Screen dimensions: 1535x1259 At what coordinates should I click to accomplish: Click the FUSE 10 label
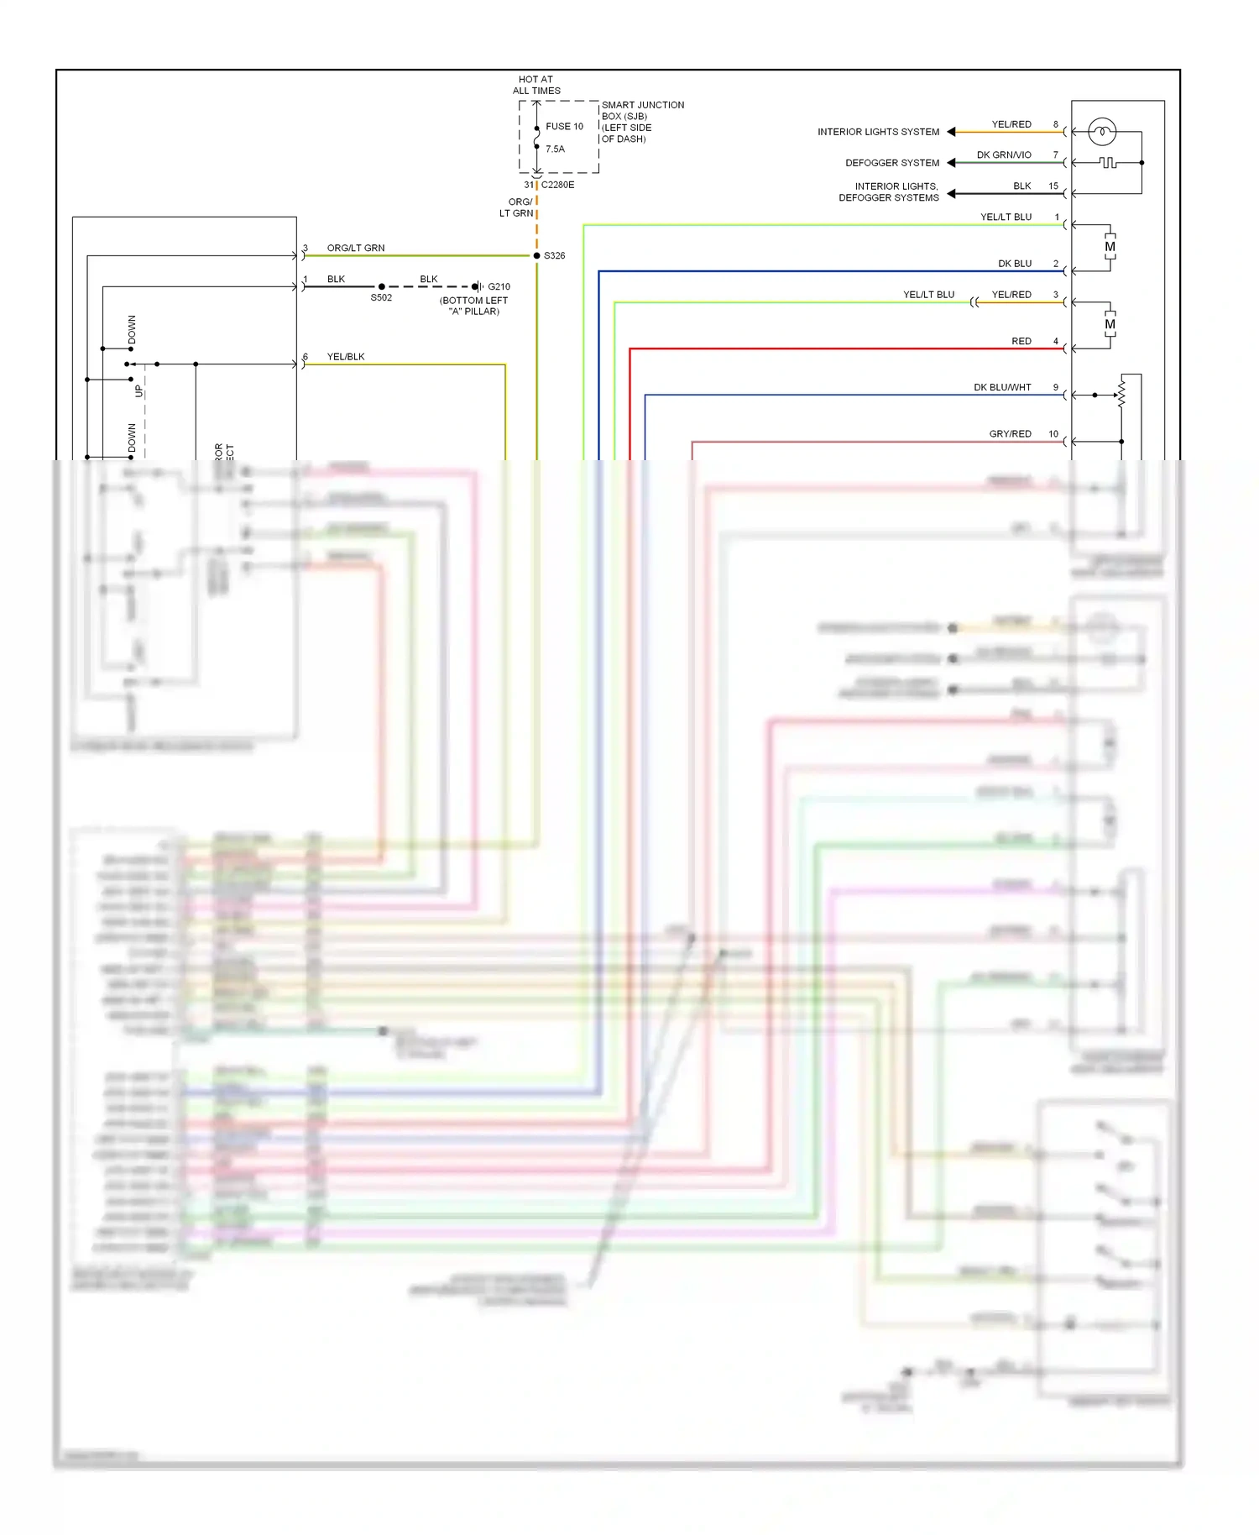coord(564,127)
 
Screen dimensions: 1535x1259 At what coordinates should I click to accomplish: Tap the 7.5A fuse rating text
coord(555,149)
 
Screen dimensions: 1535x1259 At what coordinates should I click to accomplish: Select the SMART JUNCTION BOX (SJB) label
coord(642,111)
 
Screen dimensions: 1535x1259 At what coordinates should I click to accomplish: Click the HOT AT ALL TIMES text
coord(536,85)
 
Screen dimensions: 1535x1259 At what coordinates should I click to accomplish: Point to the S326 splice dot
coord(537,255)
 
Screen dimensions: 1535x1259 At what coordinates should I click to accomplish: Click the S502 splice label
coord(381,298)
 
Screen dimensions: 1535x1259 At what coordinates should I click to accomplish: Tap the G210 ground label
coord(499,287)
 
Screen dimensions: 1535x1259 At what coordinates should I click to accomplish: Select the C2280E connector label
coord(557,185)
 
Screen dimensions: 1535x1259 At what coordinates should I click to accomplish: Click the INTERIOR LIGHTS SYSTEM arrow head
coord(951,132)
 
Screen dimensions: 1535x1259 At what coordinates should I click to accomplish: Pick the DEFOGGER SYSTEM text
coord(892,163)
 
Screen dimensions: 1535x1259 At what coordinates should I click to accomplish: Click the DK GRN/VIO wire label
coord(1004,155)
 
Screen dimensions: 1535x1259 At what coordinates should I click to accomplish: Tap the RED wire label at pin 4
coord(1021,342)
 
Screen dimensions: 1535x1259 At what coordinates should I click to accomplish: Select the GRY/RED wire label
coord(1010,434)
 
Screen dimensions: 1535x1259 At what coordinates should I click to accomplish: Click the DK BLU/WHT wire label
coord(1002,388)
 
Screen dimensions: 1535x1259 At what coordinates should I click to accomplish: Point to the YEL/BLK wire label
coord(346,357)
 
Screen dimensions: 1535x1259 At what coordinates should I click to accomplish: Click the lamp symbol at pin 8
coord(1101,132)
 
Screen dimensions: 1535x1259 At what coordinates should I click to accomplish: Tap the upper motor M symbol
coord(1110,248)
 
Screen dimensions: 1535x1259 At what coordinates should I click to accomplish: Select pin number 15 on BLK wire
coord(1053,186)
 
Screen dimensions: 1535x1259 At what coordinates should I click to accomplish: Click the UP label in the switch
coord(139,391)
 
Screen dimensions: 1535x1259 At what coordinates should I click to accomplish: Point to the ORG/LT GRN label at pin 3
coord(356,249)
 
